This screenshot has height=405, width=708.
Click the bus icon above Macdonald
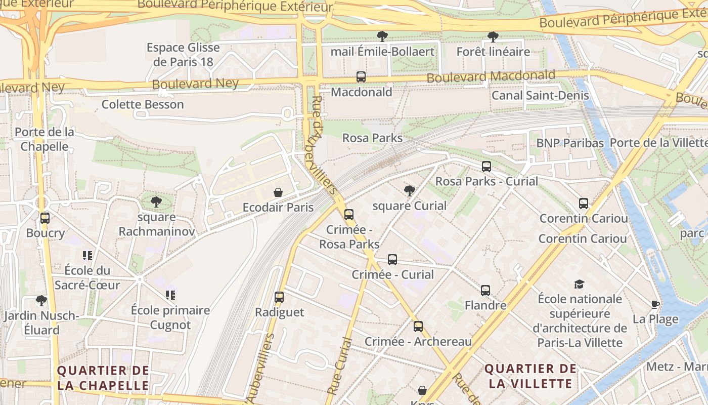pyautogui.click(x=361, y=77)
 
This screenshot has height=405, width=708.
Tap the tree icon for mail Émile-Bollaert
pyautogui.click(x=382, y=36)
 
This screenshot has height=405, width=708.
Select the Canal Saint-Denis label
pyautogui.click(x=540, y=95)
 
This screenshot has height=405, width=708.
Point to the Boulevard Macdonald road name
pyautogui.click(x=491, y=76)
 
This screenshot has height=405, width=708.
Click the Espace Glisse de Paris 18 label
pyautogui.click(x=183, y=55)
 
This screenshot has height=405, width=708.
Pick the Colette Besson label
pyautogui.click(x=143, y=104)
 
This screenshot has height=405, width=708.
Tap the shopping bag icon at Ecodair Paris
pyautogui.click(x=278, y=192)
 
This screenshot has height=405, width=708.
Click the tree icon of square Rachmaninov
pyautogui.click(x=156, y=202)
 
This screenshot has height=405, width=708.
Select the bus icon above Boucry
pyautogui.click(x=45, y=218)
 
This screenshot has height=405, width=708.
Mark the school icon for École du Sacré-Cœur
pyautogui.click(x=87, y=255)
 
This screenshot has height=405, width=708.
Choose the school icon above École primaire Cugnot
pyautogui.click(x=170, y=295)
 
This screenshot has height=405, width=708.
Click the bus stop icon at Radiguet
pyautogui.click(x=279, y=297)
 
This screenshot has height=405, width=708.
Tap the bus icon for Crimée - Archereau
pyautogui.click(x=418, y=327)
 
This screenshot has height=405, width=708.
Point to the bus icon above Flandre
pyautogui.click(x=485, y=291)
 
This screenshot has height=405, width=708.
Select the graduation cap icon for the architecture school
pyautogui.click(x=579, y=284)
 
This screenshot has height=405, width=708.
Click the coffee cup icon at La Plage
pyautogui.click(x=655, y=304)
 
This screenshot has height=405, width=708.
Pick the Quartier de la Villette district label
pyautogui.click(x=530, y=376)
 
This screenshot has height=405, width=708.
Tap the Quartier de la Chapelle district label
pyautogui.click(x=103, y=378)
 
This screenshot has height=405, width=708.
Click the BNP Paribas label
pyautogui.click(x=570, y=143)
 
